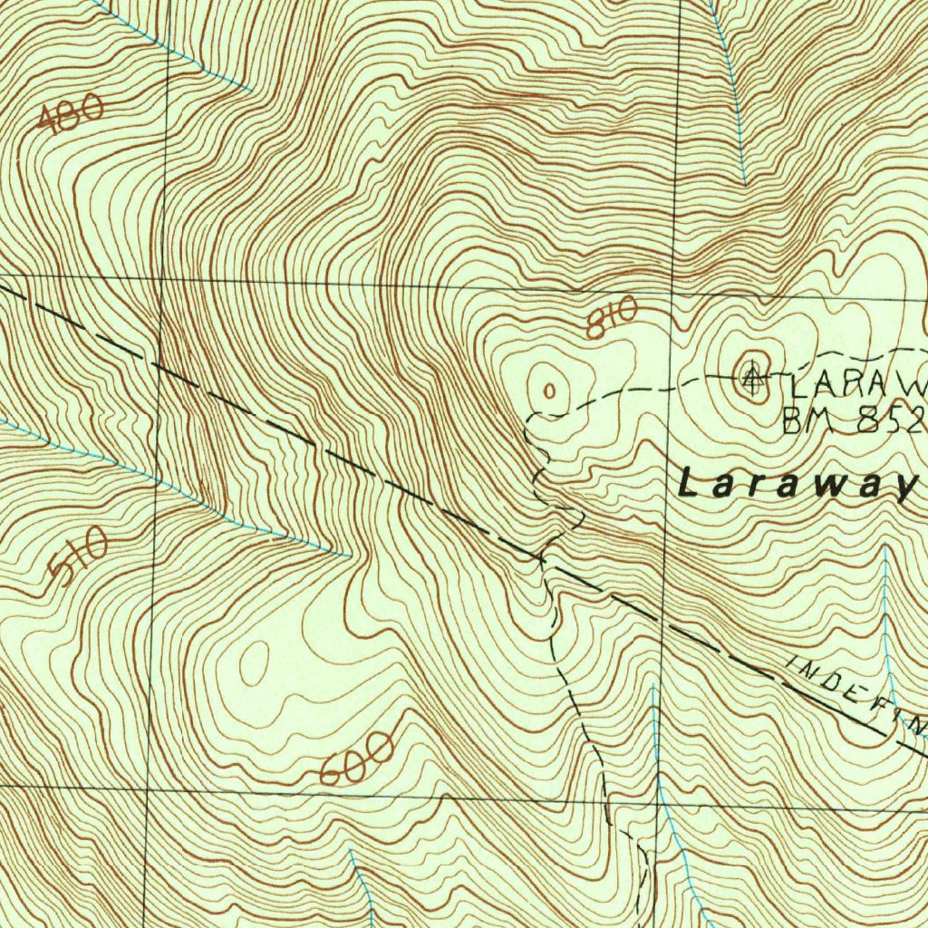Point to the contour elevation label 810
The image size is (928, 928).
612,318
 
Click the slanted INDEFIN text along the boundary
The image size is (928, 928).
856,693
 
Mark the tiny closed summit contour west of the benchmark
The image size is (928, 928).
548,390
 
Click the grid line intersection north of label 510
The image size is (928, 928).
159,278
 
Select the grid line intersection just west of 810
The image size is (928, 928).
672,293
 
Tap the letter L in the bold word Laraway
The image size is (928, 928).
689,483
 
